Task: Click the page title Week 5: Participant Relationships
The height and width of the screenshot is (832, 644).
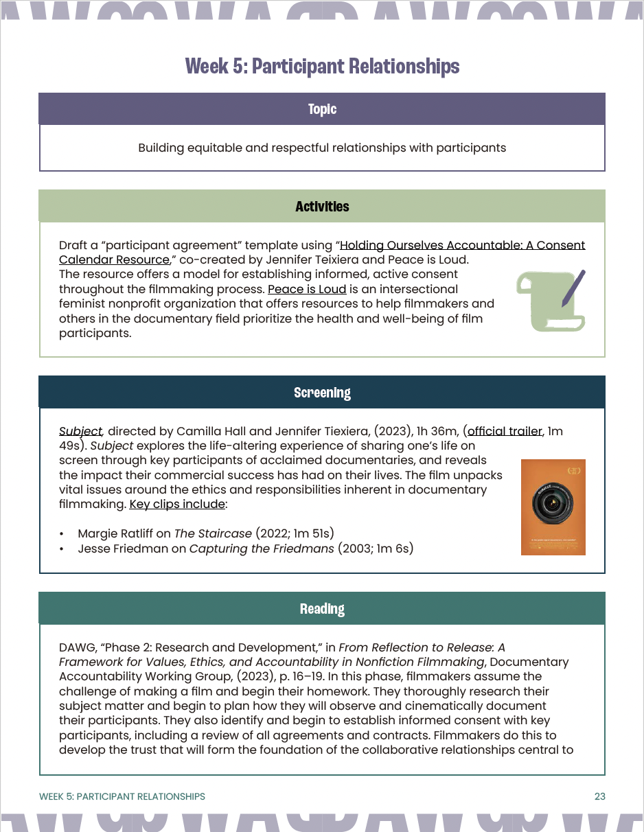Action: pyautogui.click(x=322, y=67)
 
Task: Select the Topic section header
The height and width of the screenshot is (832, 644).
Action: pyautogui.click(x=322, y=109)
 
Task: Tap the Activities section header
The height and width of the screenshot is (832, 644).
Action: pyautogui.click(x=322, y=207)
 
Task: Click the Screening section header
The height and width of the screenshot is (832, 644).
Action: pyautogui.click(x=322, y=393)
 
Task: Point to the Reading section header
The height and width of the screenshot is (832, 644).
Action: pyautogui.click(x=322, y=609)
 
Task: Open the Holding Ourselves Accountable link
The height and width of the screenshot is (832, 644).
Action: pyautogui.click(x=462, y=245)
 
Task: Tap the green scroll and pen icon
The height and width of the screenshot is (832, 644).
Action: pyautogui.click(x=551, y=300)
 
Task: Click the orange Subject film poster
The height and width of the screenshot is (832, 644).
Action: pyautogui.click(x=553, y=507)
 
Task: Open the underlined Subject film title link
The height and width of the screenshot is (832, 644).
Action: pyautogui.click(x=80, y=432)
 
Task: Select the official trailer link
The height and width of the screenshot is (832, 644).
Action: pyautogui.click(x=505, y=432)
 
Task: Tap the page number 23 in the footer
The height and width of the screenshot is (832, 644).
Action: pyautogui.click(x=599, y=796)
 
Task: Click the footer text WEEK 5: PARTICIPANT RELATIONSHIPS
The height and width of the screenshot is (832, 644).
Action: pyautogui.click(x=122, y=796)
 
